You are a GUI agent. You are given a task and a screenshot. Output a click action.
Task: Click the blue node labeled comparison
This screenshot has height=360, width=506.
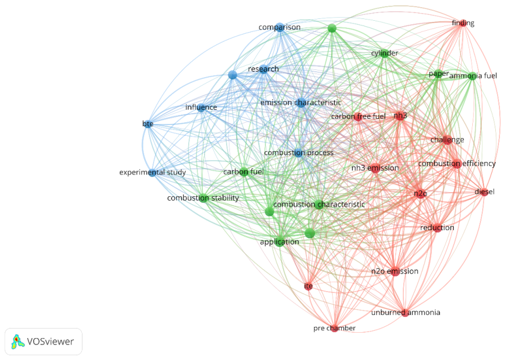point(280,27)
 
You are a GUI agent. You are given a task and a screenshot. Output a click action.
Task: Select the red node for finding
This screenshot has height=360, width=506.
point(463,23)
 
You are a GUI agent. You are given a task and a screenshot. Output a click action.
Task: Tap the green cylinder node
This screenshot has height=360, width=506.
point(384,53)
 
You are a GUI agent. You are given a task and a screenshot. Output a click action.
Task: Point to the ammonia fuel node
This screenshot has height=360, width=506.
point(472,76)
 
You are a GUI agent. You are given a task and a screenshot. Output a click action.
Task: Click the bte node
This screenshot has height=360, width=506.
point(148,124)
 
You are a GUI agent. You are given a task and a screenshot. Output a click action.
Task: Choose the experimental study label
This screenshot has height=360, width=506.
point(152,172)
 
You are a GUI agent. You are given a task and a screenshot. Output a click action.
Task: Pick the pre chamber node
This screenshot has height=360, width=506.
point(335,328)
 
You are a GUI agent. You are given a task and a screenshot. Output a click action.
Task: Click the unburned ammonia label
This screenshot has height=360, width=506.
point(406,313)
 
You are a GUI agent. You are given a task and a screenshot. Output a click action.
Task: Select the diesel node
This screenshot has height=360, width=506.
point(484,192)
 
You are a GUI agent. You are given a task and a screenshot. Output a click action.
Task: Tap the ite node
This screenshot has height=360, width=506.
point(308,286)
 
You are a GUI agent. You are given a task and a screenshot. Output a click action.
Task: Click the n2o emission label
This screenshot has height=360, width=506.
point(394,271)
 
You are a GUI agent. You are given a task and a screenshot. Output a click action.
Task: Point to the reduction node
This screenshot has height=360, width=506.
point(437,228)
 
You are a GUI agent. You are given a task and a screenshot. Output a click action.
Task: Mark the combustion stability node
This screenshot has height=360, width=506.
point(203,197)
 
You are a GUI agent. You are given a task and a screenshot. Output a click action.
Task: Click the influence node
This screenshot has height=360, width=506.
point(201,107)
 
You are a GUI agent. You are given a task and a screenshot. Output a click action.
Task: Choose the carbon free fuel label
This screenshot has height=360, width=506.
point(358,116)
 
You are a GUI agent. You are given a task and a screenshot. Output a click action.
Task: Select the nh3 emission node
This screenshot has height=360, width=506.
point(375,168)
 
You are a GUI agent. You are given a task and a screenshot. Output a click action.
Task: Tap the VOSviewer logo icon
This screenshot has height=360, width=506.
point(18,342)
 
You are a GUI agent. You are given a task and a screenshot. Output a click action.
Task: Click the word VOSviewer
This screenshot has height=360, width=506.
point(50,342)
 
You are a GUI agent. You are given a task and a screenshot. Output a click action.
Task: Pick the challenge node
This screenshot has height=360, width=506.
point(447,140)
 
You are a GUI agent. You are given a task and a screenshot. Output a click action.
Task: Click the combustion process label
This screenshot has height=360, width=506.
point(299,152)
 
